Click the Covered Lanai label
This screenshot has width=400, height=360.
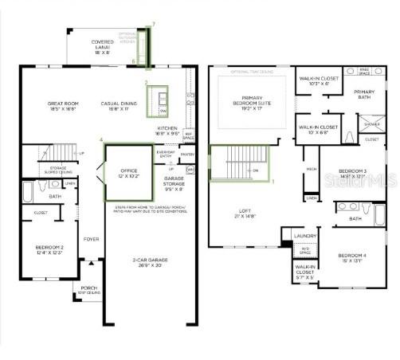click(103, 45)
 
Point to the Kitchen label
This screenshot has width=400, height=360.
click(167, 130)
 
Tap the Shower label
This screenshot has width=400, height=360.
click(372, 123)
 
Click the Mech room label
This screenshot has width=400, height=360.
click(311, 170)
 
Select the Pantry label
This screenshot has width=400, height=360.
click(187, 154)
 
